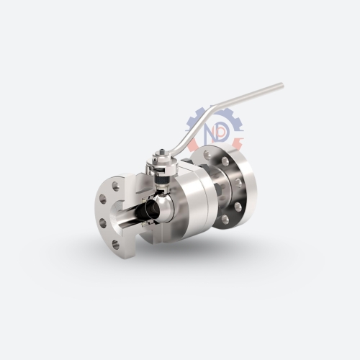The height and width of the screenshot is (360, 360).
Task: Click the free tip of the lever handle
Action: [x=282, y=85]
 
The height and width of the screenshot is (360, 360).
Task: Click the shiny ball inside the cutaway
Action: [x=164, y=205]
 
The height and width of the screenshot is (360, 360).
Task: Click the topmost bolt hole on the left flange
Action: [x=116, y=186]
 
